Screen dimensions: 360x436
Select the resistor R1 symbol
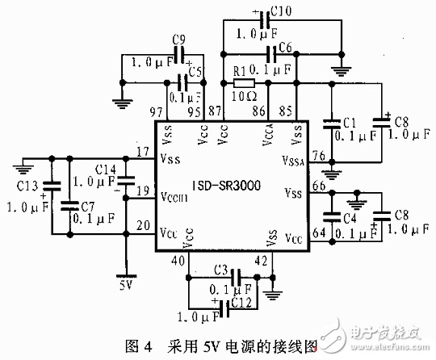[245, 83]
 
